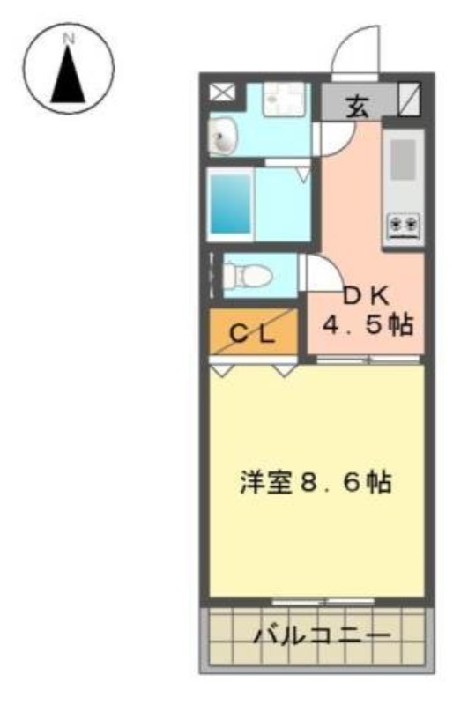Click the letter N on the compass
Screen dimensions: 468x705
coord(69,39)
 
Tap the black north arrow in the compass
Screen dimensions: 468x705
coord(69,74)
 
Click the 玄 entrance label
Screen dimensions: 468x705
coord(358,107)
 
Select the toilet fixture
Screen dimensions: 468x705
coord(249,274)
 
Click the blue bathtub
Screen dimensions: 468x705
coord(231,204)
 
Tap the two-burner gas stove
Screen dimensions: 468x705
coord(405,225)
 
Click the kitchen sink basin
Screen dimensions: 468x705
coord(403,160)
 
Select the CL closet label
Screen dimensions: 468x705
coord(252,334)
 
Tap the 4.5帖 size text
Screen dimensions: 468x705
coord(368,324)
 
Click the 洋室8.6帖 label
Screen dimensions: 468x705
coord(316,482)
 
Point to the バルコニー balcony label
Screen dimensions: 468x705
coord(322,635)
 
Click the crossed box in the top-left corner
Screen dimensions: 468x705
coord(222,93)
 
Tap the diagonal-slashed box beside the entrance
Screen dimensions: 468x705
coord(410,99)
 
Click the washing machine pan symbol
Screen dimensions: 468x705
coord(284,100)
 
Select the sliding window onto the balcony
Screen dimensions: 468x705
coord(323,601)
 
